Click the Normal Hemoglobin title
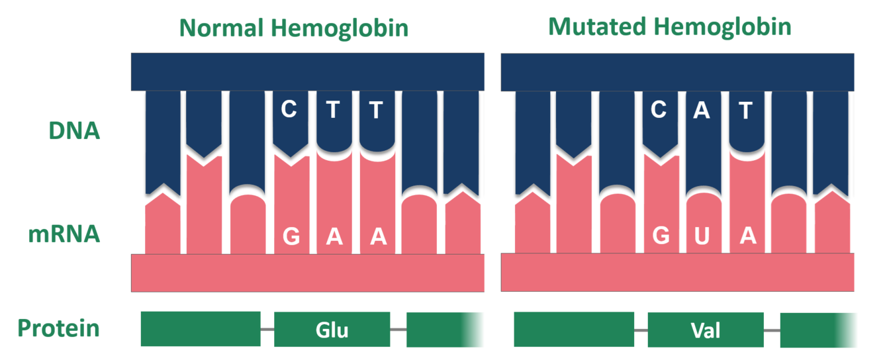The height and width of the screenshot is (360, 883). pos(294,28)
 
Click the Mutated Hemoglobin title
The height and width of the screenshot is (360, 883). pos(669,27)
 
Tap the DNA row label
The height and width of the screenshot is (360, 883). pos(74,131)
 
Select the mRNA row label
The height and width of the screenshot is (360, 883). pos(64,234)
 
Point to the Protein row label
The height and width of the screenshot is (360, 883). pos(58,328)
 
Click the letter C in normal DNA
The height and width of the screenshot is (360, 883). pos(289,109)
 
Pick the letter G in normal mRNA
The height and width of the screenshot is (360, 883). pos(291,236)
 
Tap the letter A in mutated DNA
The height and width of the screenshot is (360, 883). pos(702,110)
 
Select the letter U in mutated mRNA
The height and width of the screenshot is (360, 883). pos(702,236)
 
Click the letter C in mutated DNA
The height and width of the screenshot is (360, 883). pos(658,109)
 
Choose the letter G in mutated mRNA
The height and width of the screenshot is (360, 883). pos(660,236)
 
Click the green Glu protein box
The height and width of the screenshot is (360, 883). pos(332,329)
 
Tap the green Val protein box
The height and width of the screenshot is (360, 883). pos(705,329)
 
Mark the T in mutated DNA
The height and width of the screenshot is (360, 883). pos(746,110)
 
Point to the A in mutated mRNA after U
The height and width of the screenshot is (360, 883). pos(747,236)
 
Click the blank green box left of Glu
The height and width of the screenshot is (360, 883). pos(200,329)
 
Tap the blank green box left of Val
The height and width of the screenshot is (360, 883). pos(573,329)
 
